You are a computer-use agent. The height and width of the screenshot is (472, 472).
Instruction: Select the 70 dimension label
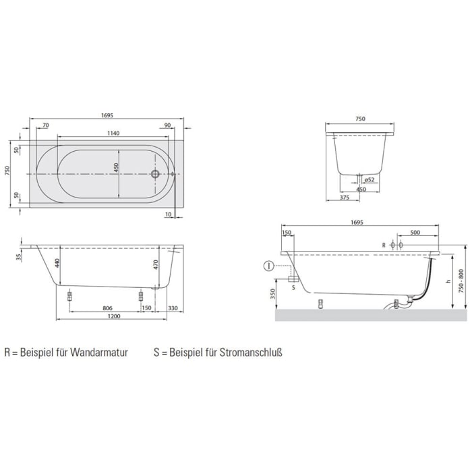45,125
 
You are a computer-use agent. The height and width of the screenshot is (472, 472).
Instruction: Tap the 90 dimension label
167,125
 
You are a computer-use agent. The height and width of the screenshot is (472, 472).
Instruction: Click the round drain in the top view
156,173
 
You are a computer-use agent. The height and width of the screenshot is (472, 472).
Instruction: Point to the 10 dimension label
168,215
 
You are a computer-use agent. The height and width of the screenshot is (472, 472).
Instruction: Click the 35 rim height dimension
20,257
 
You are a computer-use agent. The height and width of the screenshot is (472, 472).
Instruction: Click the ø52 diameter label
370,180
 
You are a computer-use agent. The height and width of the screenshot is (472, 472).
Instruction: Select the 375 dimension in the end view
344,198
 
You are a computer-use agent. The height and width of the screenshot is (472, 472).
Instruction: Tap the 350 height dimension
271,294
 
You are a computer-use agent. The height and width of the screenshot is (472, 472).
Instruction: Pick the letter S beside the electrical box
293,287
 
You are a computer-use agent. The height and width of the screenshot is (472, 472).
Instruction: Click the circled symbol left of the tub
268,266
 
